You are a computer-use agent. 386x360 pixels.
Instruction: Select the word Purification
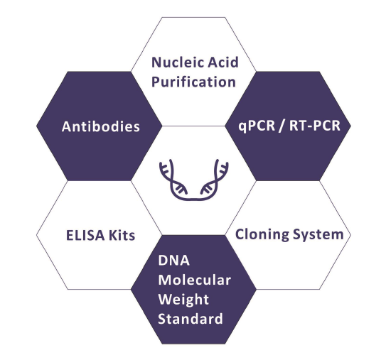coord(193,82)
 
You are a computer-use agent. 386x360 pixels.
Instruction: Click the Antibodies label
coord(101,126)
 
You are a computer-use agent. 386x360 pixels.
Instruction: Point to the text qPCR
coord(257,126)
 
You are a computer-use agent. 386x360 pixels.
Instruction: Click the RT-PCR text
coord(315,126)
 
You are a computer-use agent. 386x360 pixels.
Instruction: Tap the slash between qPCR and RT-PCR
coord(282,126)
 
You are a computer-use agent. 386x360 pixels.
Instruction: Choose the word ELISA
coord(85,235)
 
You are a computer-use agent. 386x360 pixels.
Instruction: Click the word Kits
coord(122,235)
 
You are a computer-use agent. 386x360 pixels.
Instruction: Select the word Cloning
coord(262,234)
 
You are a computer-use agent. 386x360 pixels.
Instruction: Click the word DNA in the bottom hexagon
coord(173,261)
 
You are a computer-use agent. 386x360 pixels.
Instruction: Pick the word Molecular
coord(195,280)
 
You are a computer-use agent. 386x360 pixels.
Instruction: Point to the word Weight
coord(183,300)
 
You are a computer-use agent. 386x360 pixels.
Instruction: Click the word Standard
coord(191,319)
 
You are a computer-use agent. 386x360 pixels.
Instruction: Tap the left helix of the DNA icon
coord(172,181)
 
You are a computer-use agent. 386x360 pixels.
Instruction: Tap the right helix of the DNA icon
coord(215,181)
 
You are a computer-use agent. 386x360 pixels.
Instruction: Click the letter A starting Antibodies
coord(67,127)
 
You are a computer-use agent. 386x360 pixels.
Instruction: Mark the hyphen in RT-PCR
coord(310,127)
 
